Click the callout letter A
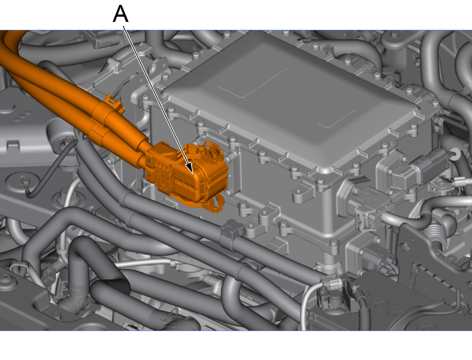(121, 14)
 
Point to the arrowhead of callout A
(190, 168)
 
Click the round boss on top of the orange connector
(207, 148)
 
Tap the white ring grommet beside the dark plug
(455, 154)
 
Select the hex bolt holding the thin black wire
(25, 181)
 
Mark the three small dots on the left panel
(22, 116)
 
